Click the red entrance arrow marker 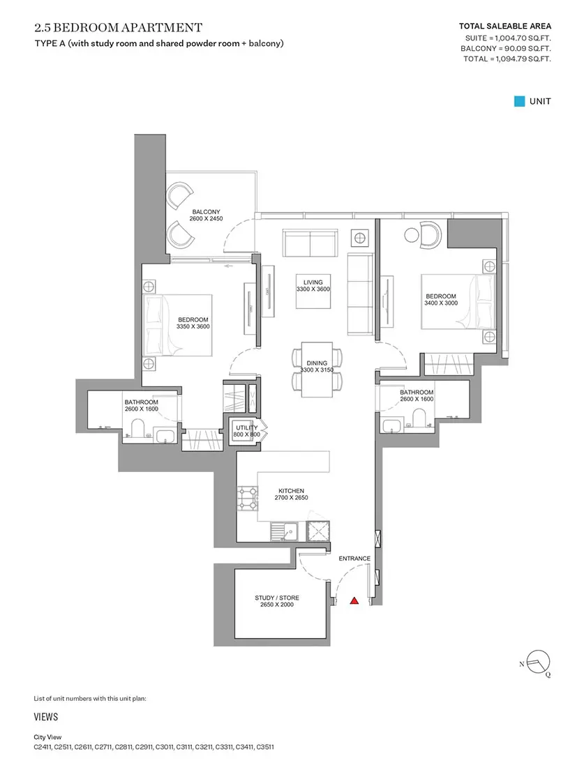coord(354,600)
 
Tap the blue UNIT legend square coord(519,101)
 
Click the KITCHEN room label coord(291,491)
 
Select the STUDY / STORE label coord(276,598)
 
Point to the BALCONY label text coord(206,212)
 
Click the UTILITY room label coord(247,427)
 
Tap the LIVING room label coord(313,282)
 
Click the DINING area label coord(317,363)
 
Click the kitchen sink coord(284,531)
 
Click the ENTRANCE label coord(354,558)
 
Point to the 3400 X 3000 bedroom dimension coord(441,303)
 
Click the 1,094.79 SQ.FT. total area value coord(523,59)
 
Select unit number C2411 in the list coord(43,747)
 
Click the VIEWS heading coord(46,717)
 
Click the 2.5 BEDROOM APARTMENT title coord(119,27)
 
